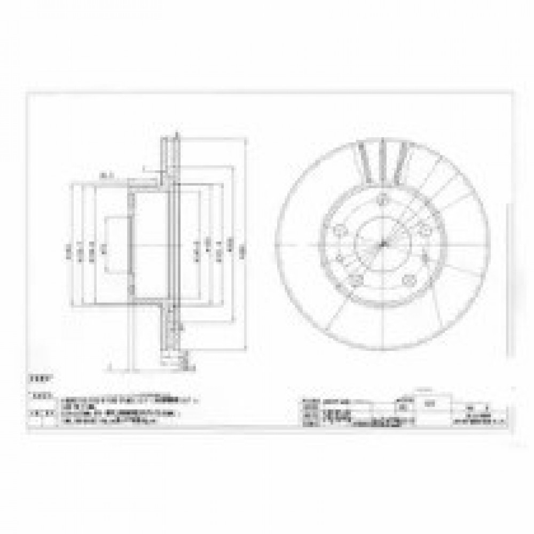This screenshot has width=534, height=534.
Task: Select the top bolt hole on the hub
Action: [x=381, y=200]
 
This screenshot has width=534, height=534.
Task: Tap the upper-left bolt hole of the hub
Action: [x=339, y=230]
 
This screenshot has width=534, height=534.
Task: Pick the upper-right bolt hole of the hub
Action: [x=425, y=230]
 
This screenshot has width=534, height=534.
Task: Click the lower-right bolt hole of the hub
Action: [x=410, y=279]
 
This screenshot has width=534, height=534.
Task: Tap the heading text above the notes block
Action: [x=38, y=378]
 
